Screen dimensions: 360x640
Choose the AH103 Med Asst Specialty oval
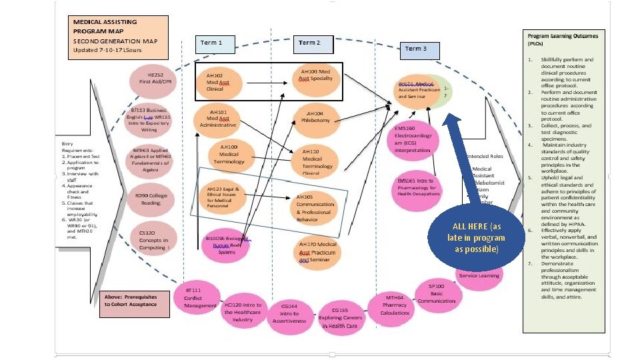(x=315, y=76)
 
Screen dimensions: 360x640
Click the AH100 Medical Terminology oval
(x=228, y=155)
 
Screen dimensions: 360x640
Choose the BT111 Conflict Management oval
(x=201, y=298)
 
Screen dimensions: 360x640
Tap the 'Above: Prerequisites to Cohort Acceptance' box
(x=131, y=301)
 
